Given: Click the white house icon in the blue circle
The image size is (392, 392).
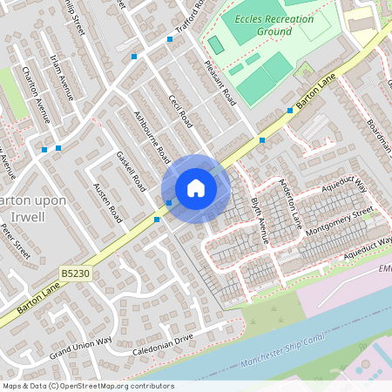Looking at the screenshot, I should point(196,188).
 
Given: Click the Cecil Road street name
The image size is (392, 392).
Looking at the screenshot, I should point(180,112).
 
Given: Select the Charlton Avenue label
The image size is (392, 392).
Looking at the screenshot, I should point(37,91).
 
